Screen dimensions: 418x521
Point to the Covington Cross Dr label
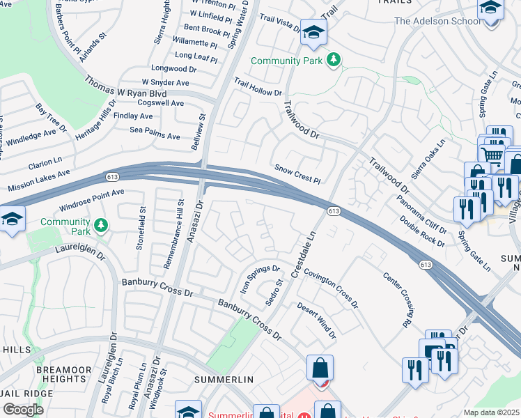[x=331, y=289]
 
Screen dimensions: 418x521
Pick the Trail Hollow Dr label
[x=258, y=86]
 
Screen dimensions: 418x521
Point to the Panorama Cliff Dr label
[x=421, y=216]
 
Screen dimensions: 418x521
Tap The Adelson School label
[x=437, y=21]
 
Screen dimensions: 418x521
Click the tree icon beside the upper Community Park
[x=334, y=61]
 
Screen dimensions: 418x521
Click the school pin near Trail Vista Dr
[x=313, y=32]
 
